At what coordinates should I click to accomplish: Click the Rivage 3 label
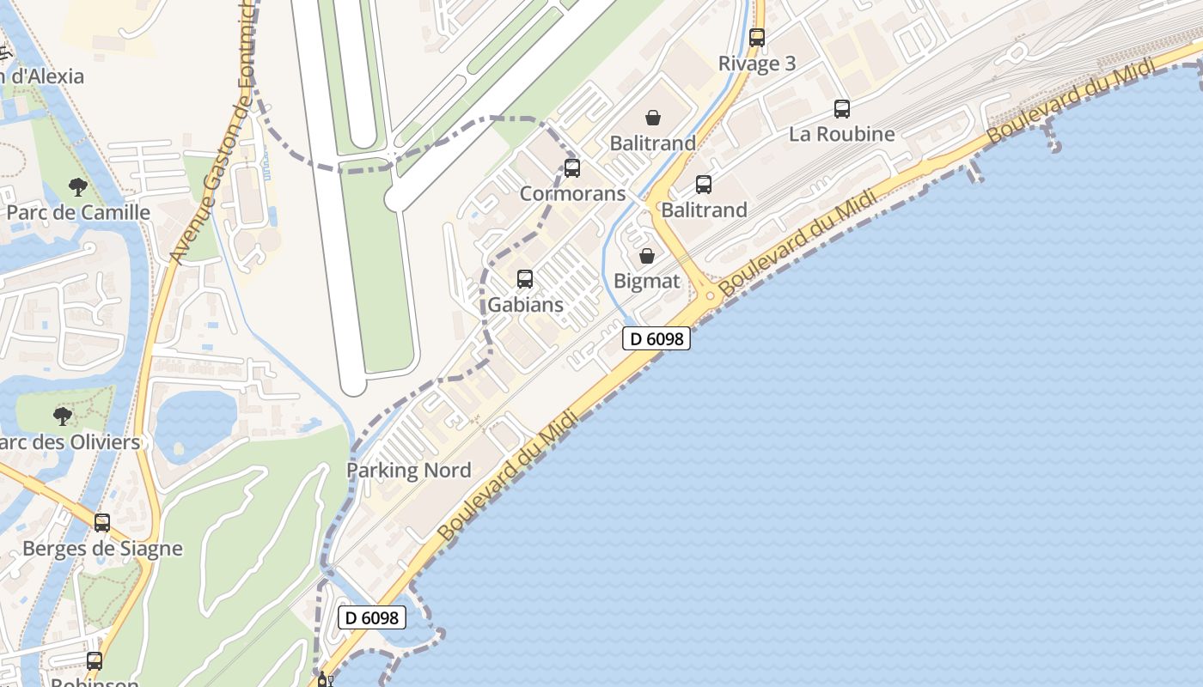(x=757, y=64)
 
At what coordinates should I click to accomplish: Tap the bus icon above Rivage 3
(x=757, y=38)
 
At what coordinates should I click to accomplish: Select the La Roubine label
(x=841, y=134)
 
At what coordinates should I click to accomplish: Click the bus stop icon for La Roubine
(x=842, y=109)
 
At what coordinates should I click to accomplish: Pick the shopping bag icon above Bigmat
(x=647, y=256)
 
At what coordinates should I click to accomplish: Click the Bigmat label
(x=647, y=281)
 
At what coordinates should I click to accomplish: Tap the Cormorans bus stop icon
(x=572, y=168)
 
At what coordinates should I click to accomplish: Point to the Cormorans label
(x=572, y=193)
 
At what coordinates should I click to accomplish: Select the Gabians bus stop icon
(x=525, y=279)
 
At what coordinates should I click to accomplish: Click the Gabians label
(x=525, y=304)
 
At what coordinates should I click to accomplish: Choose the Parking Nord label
(x=409, y=470)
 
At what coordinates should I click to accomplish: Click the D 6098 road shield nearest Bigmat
(x=656, y=339)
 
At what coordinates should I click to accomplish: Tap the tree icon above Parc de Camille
(x=78, y=186)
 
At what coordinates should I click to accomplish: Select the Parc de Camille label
(x=78, y=212)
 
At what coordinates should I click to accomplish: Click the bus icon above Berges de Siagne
(x=102, y=522)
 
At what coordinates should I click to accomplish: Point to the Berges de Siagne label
(x=102, y=548)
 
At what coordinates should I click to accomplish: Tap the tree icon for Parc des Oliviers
(x=62, y=416)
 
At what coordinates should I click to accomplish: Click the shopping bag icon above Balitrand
(x=653, y=118)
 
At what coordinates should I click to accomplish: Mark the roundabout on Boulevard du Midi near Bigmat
(x=710, y=296)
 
